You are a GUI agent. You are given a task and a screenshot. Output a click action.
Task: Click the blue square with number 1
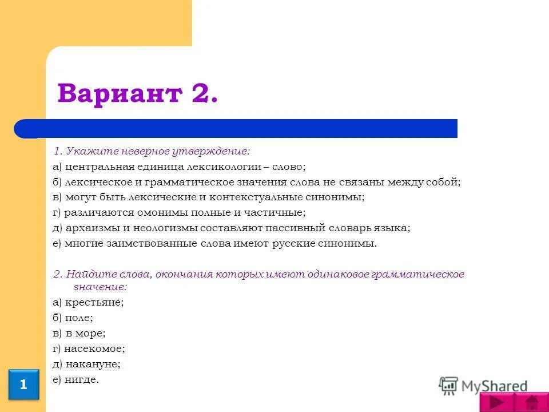pyautogui.click(x=23, y=385)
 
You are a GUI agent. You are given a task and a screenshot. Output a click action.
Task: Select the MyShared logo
pyautogui.click(x=483, y=386)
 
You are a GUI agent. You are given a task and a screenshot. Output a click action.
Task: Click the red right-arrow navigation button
pyautogui.click(x=496, y=402)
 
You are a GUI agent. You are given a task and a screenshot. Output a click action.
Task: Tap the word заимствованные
pyautogui.click(x=143, y=243)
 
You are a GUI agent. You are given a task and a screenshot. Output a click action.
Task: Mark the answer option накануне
pyautogui.click(x=93, y=363)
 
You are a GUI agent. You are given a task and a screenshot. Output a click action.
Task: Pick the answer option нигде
pyautogui.click(x=82, y=379)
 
